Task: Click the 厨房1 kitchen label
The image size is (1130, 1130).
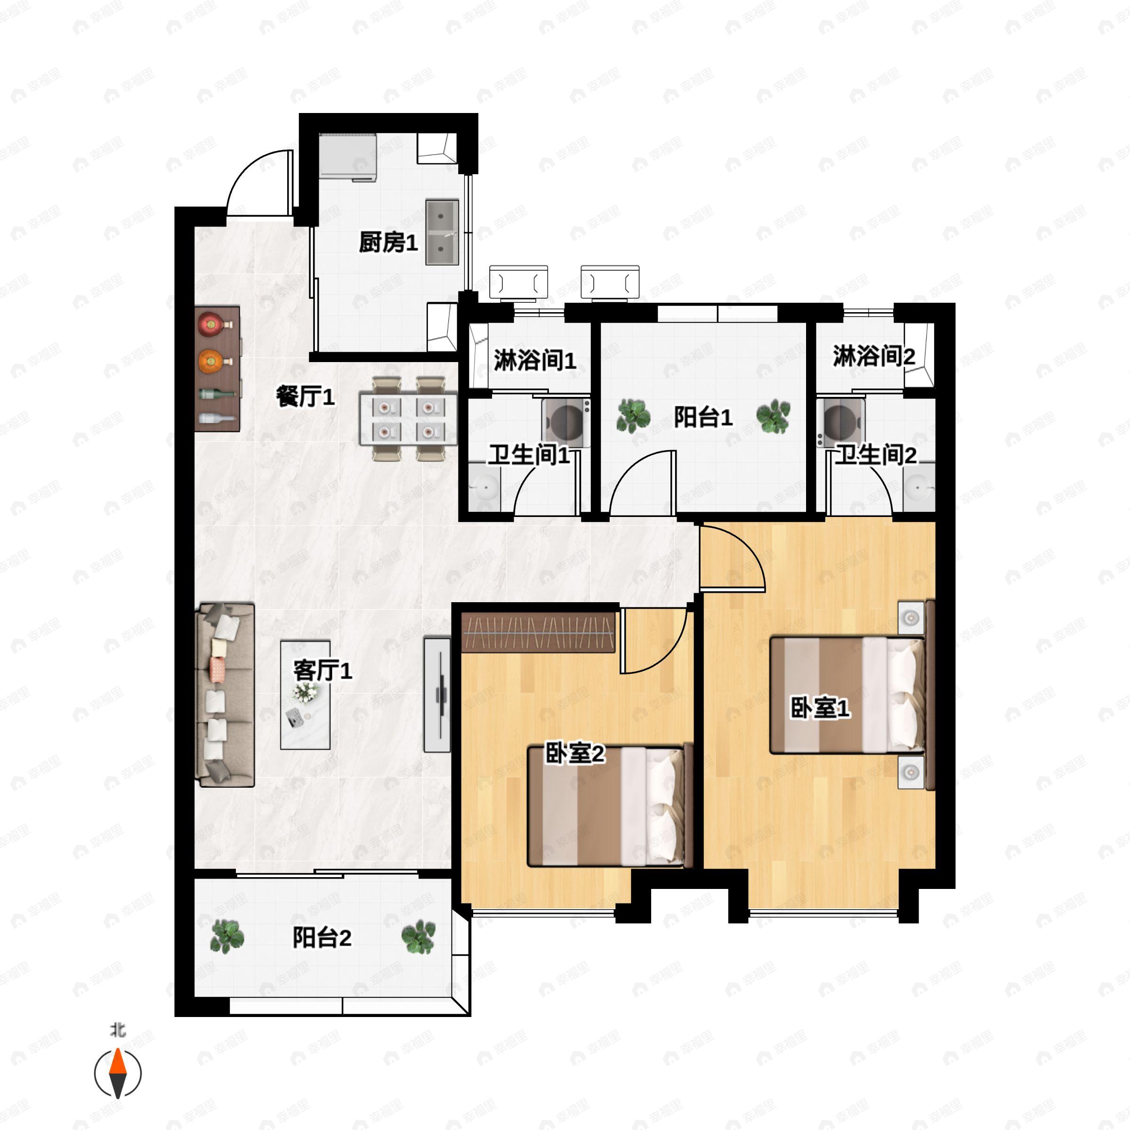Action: [388, 242]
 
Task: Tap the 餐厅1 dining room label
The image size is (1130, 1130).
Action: [305, 397]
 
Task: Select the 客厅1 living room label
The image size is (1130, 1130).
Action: [323, 670]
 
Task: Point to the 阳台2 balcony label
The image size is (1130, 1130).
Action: [322, 937]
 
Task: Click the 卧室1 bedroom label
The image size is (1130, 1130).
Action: [820, 708]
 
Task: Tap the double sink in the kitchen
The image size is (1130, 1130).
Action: [442, 232]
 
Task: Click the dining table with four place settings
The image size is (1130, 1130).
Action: [408, 419]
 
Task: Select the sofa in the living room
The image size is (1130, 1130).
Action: [225, 694]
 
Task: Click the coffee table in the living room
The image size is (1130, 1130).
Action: [305, 695]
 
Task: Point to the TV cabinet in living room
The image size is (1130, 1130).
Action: [437, 694]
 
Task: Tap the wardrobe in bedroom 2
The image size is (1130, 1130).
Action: [539, 632]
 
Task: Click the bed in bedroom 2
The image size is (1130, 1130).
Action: [610, 806]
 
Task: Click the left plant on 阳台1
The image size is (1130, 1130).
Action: [633, 415]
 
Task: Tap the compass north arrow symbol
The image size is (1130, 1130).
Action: [118, 1073]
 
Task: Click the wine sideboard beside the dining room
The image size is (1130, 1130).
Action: [217, 369]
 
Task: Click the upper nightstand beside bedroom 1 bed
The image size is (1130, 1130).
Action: [911, 617]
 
